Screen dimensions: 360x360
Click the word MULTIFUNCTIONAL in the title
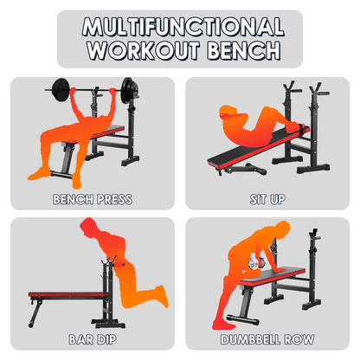(181, 26)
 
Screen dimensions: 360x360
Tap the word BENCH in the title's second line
(238, 49)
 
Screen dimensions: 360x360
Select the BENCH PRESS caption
(93, 200)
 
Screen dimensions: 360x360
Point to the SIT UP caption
(267, 200)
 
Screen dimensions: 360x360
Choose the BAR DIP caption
(93, 340)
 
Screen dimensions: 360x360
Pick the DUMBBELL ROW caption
(267, 340)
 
